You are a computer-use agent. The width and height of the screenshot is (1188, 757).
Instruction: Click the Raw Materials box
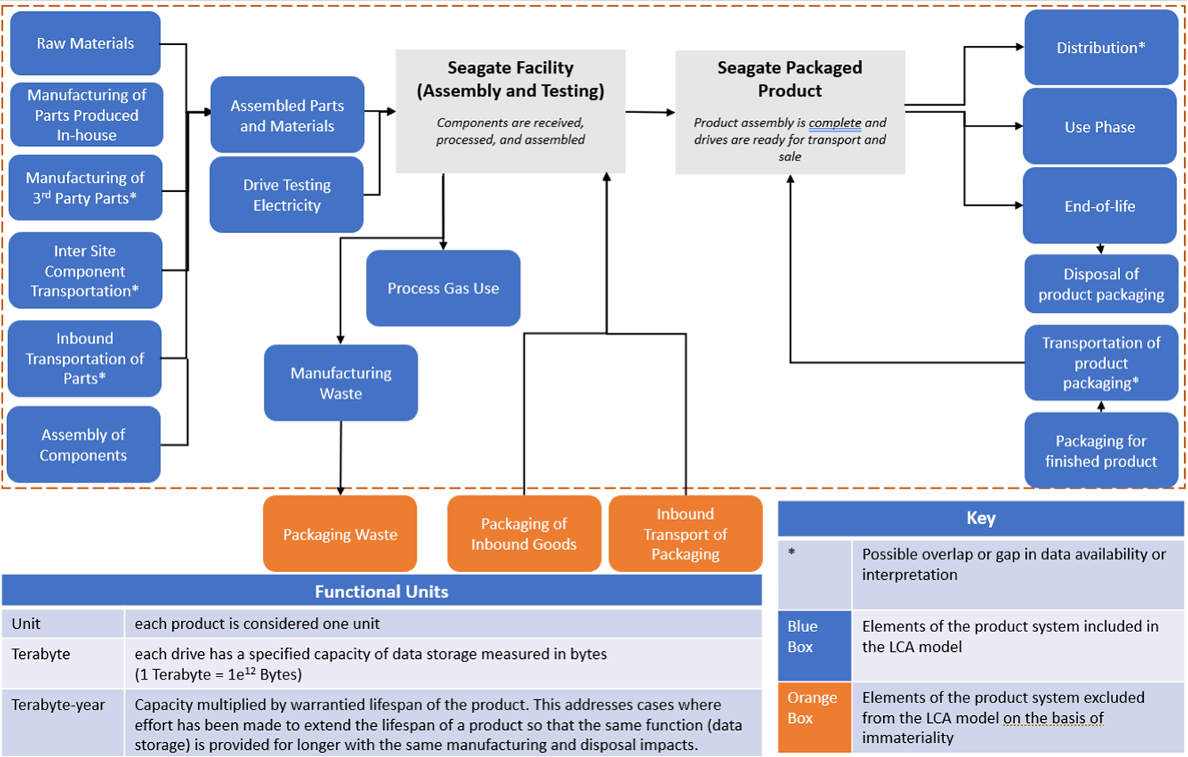pos(85,43)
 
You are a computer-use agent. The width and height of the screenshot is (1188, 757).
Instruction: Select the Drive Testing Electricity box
pos(287,195)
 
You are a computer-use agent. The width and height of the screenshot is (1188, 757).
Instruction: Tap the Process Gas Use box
pos(443,288)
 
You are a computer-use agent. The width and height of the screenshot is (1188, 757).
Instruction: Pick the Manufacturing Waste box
pos(340,383)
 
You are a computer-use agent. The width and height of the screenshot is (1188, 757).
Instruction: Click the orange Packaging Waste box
pos(340,534)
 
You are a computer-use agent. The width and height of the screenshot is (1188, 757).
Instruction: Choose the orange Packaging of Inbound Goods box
pos(524,534)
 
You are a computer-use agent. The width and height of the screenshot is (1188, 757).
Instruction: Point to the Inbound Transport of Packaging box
pos(685,534)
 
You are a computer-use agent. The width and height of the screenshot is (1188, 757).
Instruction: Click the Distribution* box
pos(1100,47)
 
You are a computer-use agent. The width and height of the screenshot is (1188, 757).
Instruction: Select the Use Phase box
pos(1100,126)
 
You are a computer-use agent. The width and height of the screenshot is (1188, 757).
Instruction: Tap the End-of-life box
pos(1100,206)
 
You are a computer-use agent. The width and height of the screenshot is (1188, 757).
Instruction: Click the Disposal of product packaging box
pos(1101,284)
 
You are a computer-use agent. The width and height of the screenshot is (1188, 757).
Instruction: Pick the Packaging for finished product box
pos(1100,451)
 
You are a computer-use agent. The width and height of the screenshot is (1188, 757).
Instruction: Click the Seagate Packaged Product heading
pos(789,79)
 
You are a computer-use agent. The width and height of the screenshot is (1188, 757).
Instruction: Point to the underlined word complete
pos(835,123)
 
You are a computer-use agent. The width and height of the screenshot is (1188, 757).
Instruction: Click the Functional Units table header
pos(382,591)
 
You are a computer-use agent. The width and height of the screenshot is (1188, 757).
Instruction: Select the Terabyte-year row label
pos(58,705)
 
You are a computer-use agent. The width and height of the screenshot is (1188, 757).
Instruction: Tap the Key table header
pos(980,518)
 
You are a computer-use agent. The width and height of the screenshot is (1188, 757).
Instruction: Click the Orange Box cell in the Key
pos(814,708)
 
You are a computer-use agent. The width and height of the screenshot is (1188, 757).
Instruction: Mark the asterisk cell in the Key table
pos(814,574)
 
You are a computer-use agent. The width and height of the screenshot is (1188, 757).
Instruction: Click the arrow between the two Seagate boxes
pos(650,112)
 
